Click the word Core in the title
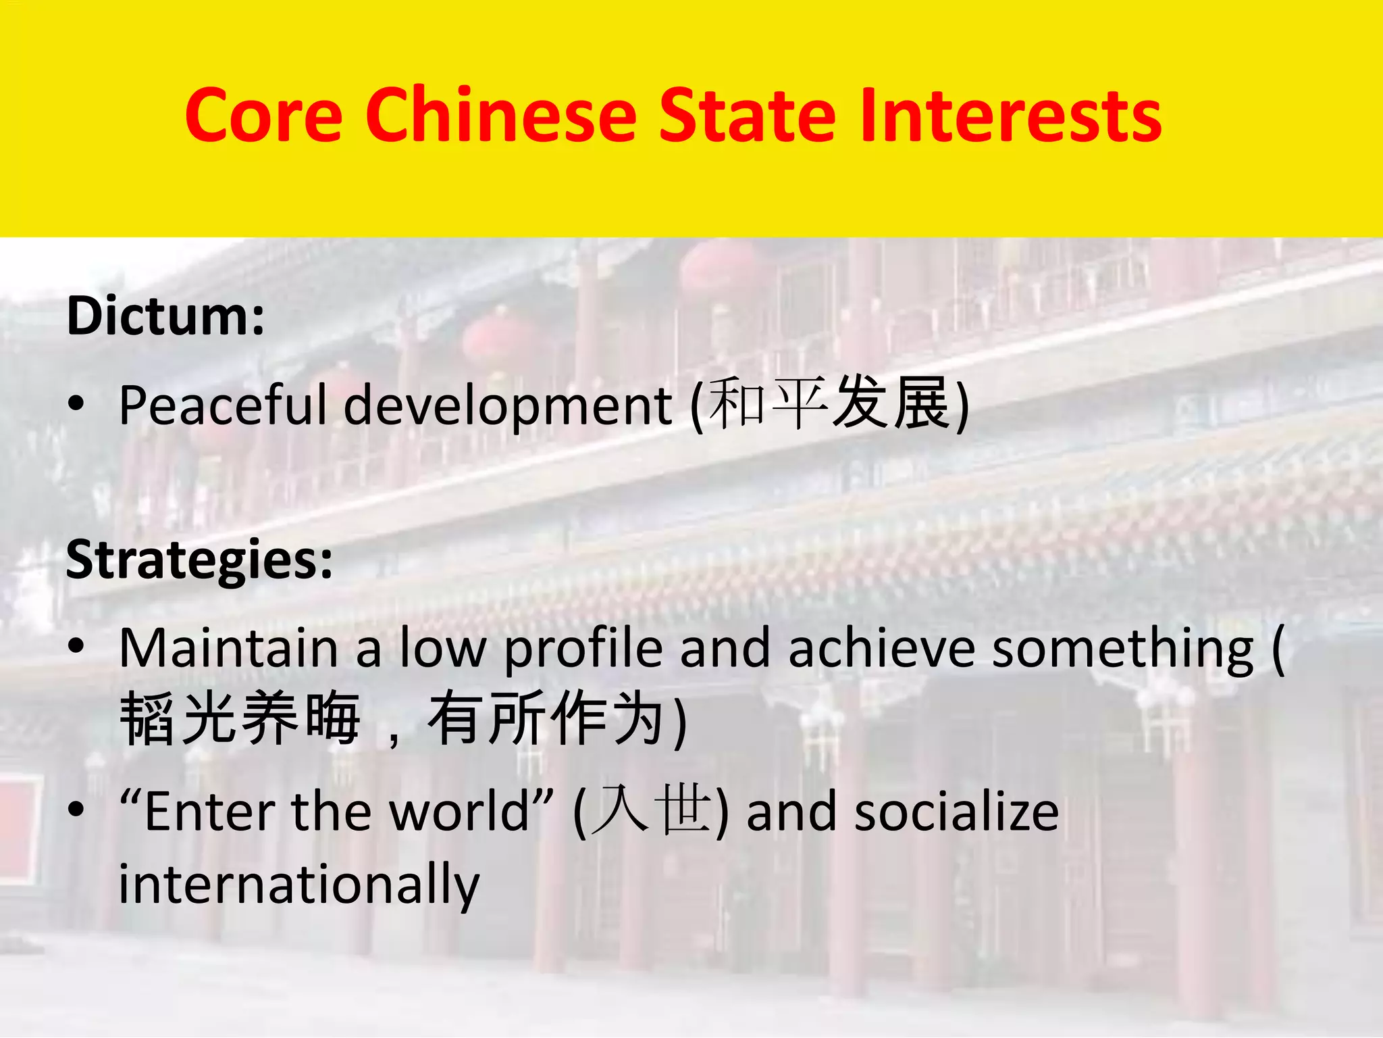(263, 116)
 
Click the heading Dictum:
(165, 316)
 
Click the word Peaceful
(223, 405)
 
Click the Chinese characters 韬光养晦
(240, 719)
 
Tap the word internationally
(299, 884)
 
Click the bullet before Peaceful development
(76, 404)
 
